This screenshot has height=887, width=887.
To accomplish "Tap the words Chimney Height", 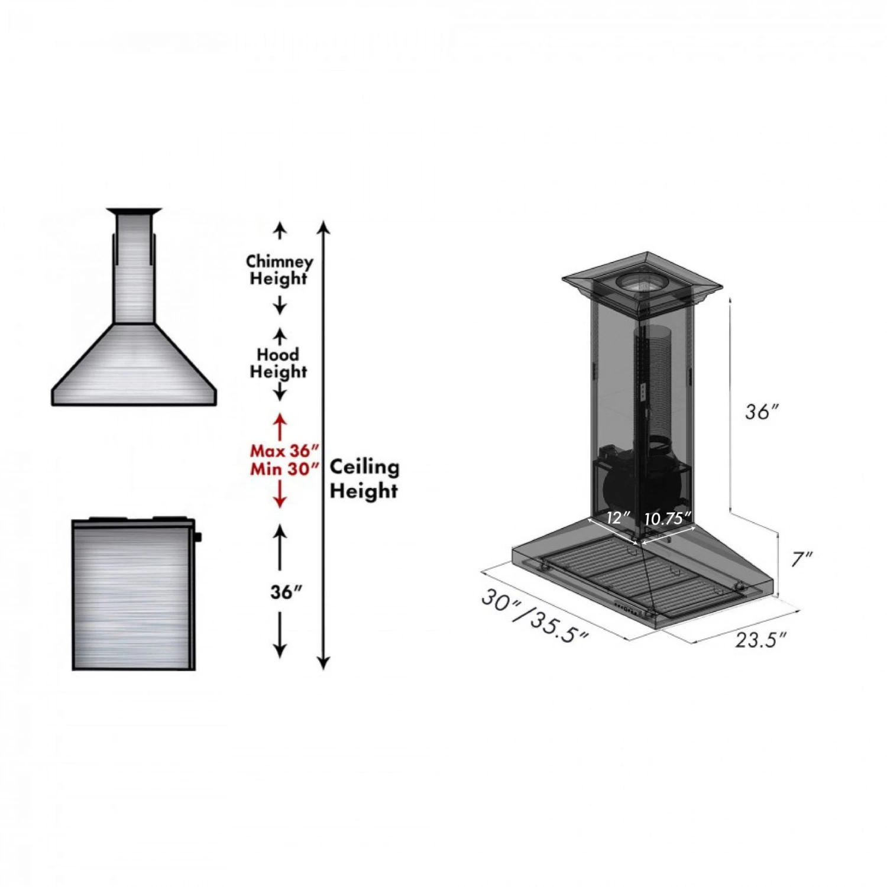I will (x=279, y=270).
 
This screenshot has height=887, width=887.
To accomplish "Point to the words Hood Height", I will (x=279, y=363).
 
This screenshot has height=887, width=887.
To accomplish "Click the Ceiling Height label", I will (x=364, y=478).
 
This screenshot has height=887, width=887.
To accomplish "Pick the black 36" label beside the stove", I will (x=286, y=592).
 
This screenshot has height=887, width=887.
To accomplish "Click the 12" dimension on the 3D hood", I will (x=617, y=518).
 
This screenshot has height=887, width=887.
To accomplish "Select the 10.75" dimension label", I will (x=668, y=519).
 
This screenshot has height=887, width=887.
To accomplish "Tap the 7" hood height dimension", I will (x=802, y=559).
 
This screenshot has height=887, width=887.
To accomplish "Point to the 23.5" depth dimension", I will (x=761, y=639).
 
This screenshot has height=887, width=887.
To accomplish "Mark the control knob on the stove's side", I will (x=198, y=537).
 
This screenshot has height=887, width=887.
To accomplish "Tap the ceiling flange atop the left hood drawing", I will (x=134, y=211).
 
